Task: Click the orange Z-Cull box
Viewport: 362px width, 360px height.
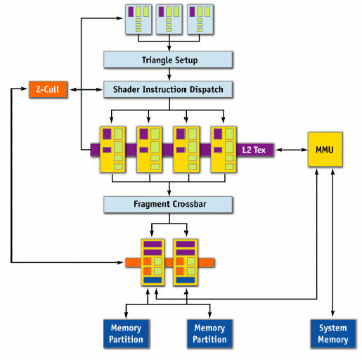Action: pos(48,89)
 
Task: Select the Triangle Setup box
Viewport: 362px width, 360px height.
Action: pos(168,60)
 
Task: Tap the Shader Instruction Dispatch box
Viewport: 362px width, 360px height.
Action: pos(168,89)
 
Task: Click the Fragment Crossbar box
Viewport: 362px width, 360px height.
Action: pos(168,204)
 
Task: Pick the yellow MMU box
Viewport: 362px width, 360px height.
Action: pos(325,150)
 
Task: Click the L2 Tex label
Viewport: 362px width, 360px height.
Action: pos(254,150)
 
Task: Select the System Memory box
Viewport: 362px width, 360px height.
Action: pos(333,333)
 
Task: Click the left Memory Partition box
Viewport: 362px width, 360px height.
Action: pos(126,333)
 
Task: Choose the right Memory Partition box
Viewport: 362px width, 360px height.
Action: pos(209,333)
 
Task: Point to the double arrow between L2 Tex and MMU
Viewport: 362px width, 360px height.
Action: pos(292,150)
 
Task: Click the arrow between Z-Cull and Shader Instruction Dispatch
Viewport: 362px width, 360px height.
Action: pos(86,89)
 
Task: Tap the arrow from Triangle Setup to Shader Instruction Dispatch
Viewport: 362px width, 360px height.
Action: pos(169,75)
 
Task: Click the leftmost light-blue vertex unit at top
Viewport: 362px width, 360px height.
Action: pos(138,20)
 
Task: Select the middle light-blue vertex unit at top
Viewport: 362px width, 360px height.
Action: pos(169,20)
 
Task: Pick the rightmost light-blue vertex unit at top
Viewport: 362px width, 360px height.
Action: pos(200,20)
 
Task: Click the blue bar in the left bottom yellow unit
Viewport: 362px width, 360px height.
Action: pos(153,280)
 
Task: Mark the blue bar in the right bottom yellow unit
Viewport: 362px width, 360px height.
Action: pos(186,280)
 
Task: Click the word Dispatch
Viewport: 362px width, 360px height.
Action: pos(206,89)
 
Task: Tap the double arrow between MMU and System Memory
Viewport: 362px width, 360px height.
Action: pos(332,243)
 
